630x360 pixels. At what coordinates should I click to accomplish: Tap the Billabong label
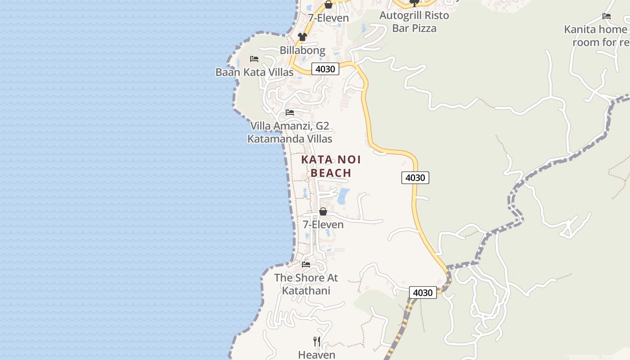(x=302, y=50)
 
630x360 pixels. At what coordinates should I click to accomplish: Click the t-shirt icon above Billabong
(x=302, y=37)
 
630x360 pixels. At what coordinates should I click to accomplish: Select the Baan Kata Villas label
(x=254, y=72)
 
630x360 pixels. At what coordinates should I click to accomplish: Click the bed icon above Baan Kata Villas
(x=254, y=59)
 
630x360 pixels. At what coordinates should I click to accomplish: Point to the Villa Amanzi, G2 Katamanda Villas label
(x=290, y=132)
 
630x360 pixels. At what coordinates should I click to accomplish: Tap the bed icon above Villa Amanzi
(x=290, y=112)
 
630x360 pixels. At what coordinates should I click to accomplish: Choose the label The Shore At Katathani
(x=306, y=284)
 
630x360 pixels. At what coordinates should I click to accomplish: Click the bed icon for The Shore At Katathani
(x=306, y=265)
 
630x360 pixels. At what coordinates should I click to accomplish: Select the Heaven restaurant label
(x=317, y=355)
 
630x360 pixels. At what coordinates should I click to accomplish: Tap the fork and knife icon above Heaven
(x=317, y=341)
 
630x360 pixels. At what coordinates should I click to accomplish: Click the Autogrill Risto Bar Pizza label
(x=414, y=22)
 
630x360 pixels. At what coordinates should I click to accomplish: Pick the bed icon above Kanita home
(x=607, y=17)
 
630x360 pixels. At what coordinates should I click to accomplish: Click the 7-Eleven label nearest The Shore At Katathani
(x=323, y=225)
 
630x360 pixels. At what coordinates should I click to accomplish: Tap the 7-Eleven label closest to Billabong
(x=328, y=18)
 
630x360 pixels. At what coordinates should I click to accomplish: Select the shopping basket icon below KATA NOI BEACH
(x=323, y=211)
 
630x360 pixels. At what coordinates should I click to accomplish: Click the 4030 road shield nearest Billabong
(x=325, y=69)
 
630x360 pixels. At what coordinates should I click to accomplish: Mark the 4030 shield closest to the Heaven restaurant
(x=423, y=292)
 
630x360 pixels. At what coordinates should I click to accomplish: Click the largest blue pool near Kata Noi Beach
(x=343, y=196)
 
